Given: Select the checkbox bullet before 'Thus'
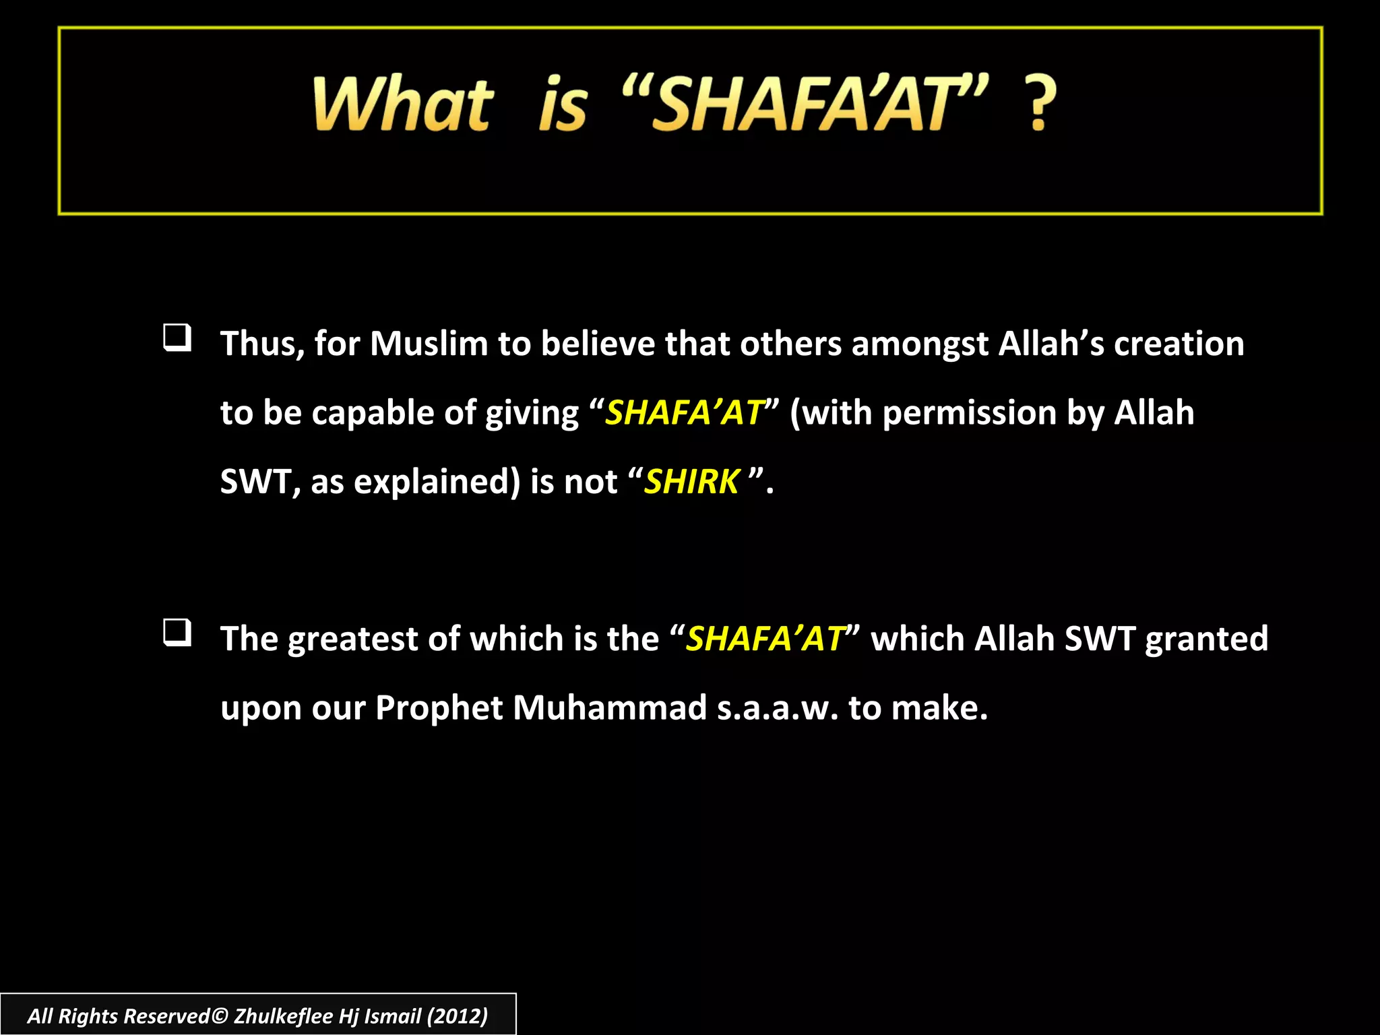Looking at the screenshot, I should [x=177, y=337].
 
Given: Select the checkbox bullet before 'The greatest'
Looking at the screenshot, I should [x=177, y=632].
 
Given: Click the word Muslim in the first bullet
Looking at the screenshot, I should [x=429, y=344].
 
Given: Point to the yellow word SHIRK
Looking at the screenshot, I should [x=691, y=482].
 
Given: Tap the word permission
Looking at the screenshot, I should [x=969, y=413].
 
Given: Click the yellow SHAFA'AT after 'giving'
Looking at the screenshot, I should [x=684, y=413].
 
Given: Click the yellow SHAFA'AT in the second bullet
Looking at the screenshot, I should [x=765, y=639].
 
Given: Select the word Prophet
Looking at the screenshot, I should [x=439, y=708].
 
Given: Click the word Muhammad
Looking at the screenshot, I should [x=609, y=708].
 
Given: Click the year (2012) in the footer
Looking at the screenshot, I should [x=457, y=1015].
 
